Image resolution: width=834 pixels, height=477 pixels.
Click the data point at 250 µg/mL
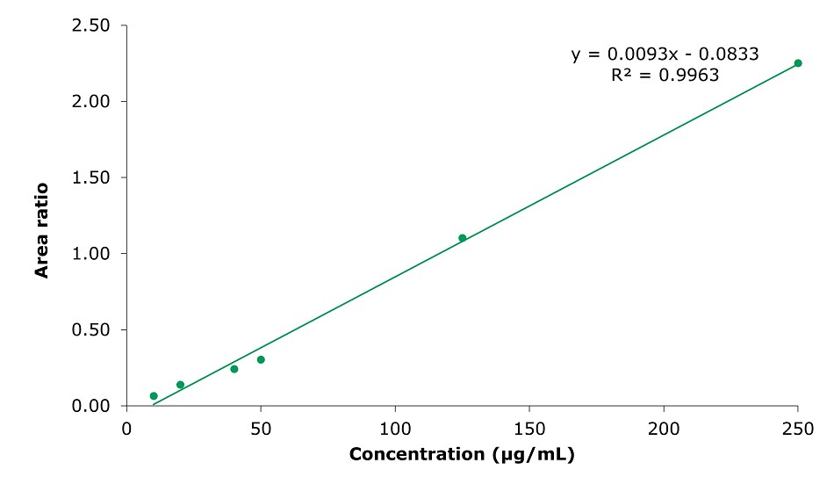(798, 63)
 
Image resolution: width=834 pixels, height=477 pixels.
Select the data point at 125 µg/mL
(463, 238)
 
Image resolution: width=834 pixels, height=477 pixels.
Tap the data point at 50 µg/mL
(261, 359)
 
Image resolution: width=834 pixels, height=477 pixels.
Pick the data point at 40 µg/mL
(234, 369)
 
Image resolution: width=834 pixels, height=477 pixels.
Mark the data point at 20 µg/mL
(180, 385)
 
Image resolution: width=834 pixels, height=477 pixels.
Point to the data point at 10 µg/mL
(154, 396)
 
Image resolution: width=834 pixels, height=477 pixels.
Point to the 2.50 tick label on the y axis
(90, 25)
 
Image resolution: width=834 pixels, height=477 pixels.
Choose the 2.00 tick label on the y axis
(90, 102)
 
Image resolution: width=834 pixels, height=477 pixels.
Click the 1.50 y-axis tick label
(90, 177)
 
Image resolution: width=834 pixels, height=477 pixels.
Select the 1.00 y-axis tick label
(90, 254)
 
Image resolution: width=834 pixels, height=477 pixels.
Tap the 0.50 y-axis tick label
(90, 330)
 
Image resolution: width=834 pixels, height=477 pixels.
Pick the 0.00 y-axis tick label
(90, 406)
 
